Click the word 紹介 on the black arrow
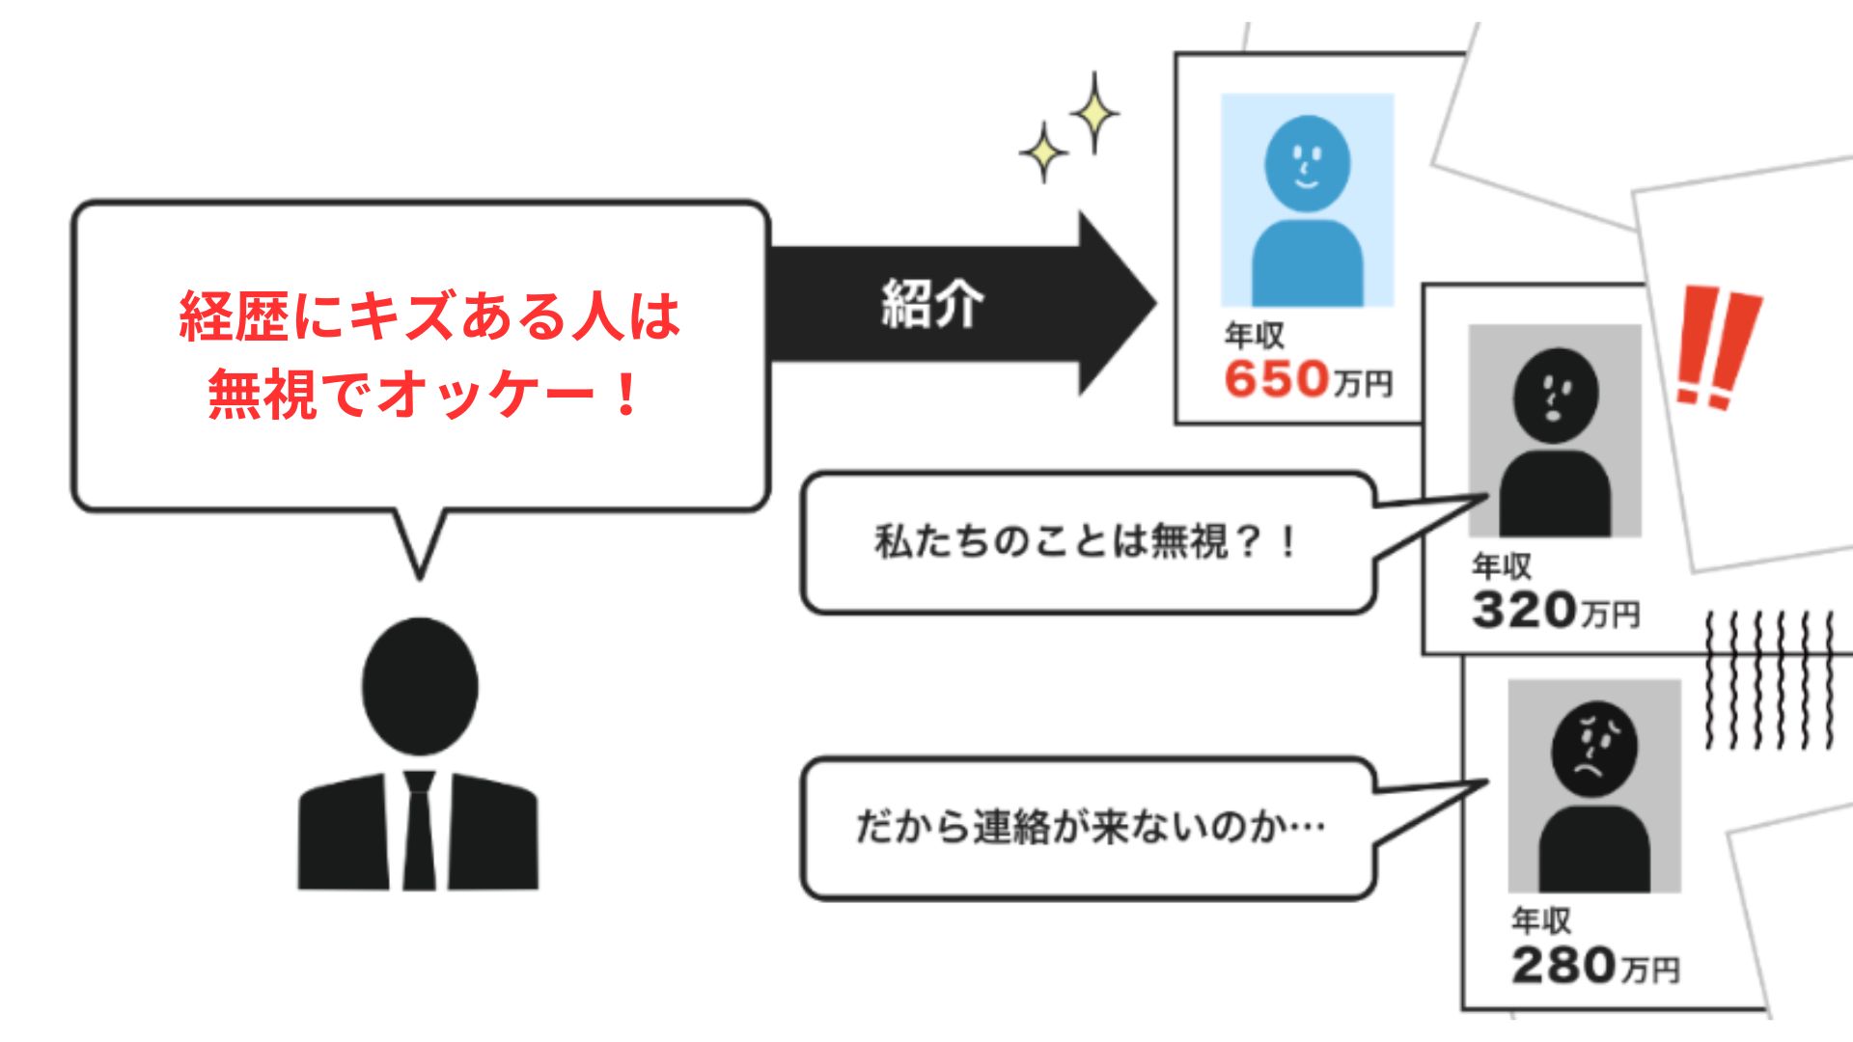[931, 305]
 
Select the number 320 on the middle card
[1524, 610]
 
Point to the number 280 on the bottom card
[1563, 965]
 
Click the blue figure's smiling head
[1307, 164]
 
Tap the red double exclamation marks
[1718, 345]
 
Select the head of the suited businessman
[420, 685]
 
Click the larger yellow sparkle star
[1094, 112]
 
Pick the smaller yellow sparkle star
[1043, 152]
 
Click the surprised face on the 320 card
[1555, 396]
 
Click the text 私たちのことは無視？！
[1086, 541]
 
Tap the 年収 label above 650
[1254, 336]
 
